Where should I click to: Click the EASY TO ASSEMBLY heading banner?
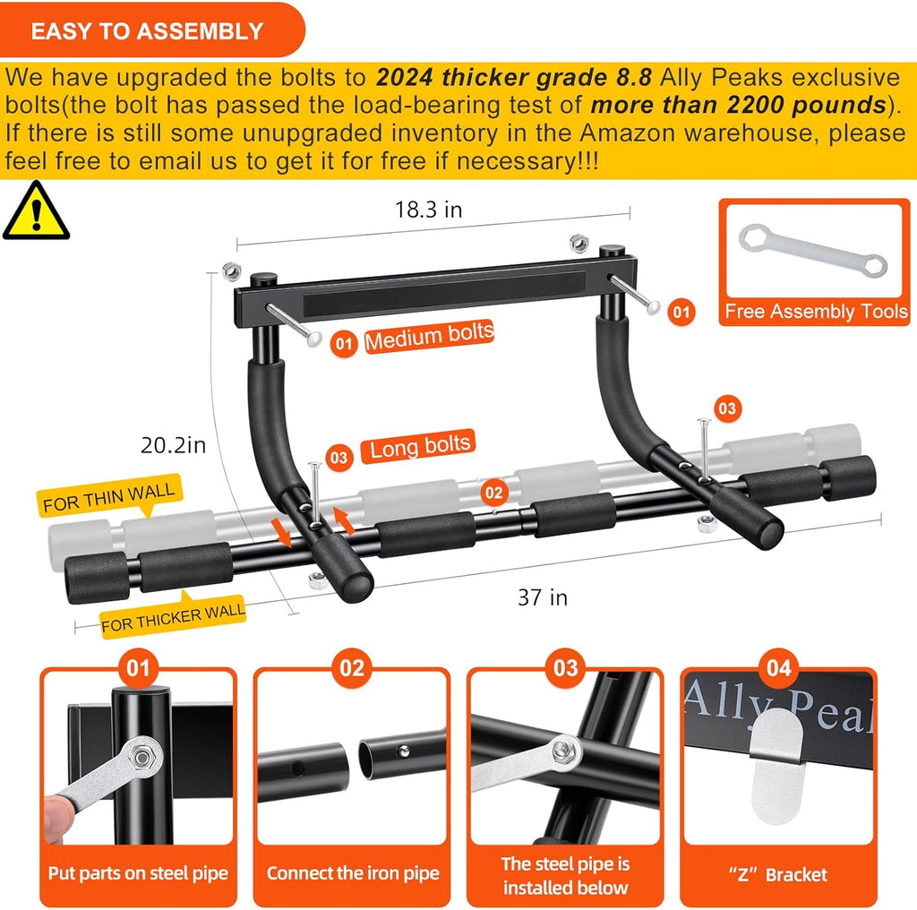pyautogui.click(x=147, y=31)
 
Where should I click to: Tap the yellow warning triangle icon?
pyautogui.click(x=35, y=212)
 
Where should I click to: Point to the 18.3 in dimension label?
pyautogui.click(x=429, y=210)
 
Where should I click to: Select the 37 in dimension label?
pyautogui.click(x=543, y=597)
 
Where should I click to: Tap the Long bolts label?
pyautogui.click(x=420, y=446)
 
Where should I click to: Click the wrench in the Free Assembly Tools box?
pyautogui.click(x=812, y=252)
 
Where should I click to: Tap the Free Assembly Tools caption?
pyautogui.click(x=816, y=312)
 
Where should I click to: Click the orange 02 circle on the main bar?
pyautogui.click(x=493, y=492)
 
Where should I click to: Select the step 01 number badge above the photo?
pyautogui.click(x=138, y=667)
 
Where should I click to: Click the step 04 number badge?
pyautogui.click(x=777, y=667)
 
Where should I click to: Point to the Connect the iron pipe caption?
pyautogui.click(x=353, y=873)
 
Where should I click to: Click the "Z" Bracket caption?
pyautogui.click(x=777, y=874)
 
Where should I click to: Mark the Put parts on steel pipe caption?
pyautogui.click(x=138, y=873)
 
